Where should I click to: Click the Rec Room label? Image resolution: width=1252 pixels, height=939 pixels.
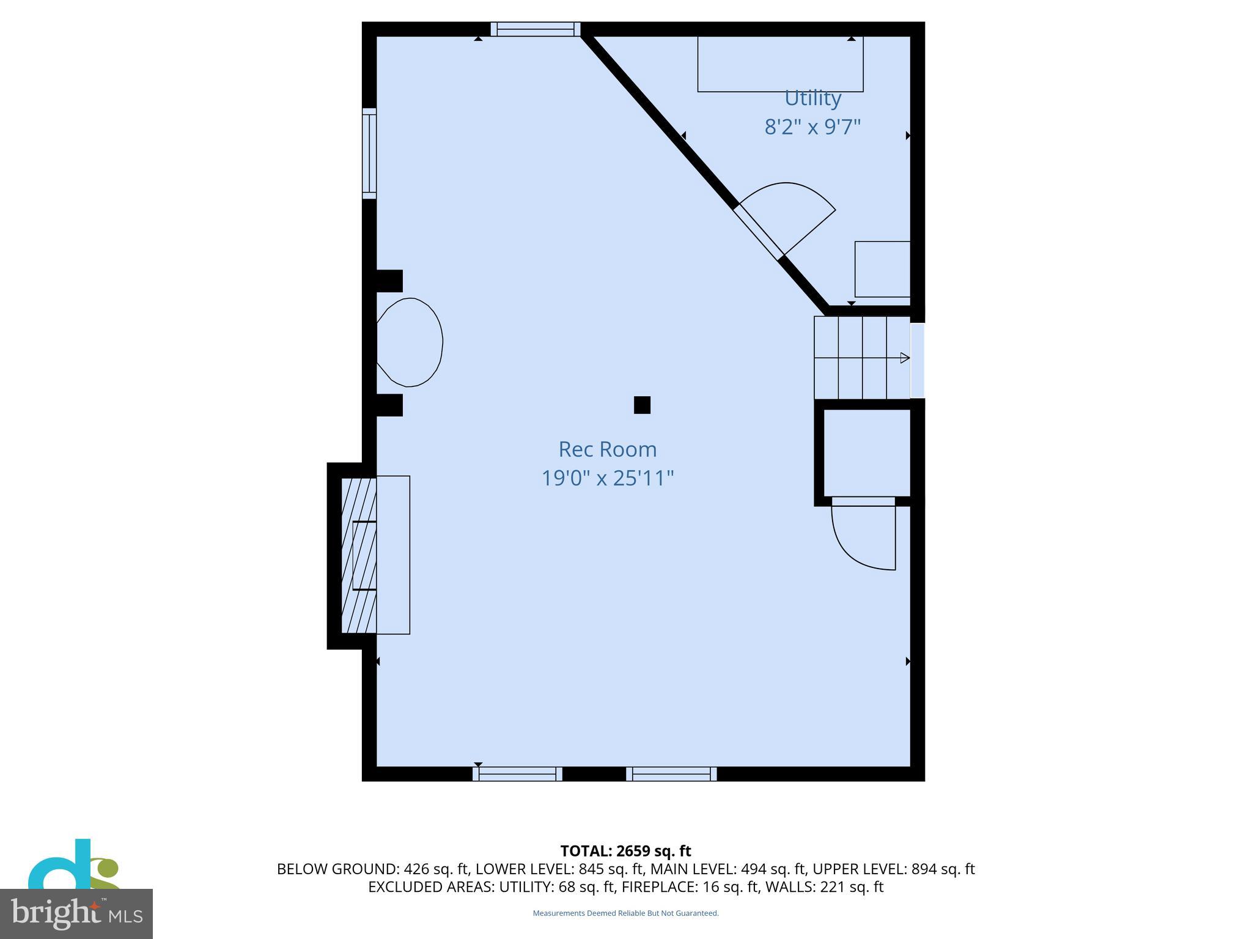607,449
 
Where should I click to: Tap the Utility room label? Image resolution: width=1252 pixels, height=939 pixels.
812,98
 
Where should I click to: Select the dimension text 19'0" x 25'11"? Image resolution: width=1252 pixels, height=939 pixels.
607,478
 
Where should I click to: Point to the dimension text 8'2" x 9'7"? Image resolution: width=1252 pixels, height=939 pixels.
812,127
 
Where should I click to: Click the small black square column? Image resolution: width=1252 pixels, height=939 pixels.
642,405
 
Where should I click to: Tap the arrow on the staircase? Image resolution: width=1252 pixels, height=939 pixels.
904,358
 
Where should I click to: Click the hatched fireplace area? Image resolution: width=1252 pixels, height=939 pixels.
358,555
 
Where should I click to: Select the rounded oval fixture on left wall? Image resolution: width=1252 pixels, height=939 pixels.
410,342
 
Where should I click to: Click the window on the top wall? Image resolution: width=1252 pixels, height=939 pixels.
536,29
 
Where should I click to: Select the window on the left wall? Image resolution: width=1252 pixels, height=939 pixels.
369,153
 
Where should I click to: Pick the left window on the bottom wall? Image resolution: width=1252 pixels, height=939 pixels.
517,774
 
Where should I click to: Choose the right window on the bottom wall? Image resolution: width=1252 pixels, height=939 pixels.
671,774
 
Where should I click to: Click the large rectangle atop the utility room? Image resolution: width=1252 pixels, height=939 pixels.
780,64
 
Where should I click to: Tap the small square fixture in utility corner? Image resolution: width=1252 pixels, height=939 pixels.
882,269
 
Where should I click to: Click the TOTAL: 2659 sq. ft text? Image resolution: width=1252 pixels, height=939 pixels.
625,851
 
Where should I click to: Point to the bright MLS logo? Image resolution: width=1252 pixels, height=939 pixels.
76,913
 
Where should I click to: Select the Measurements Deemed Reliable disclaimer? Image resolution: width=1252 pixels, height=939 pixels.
625,913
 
